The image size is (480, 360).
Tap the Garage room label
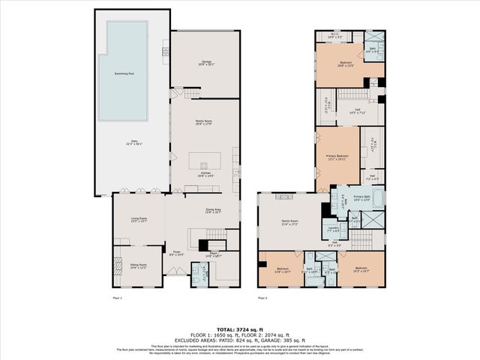(206, 62)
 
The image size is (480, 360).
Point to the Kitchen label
(206, 173)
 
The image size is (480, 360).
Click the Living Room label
(139, 220)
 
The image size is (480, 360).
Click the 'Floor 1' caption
(116, 298)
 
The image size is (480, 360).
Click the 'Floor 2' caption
(263, 298)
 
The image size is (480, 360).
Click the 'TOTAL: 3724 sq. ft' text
(240, 329)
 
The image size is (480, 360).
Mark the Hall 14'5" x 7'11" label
(363, 111)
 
